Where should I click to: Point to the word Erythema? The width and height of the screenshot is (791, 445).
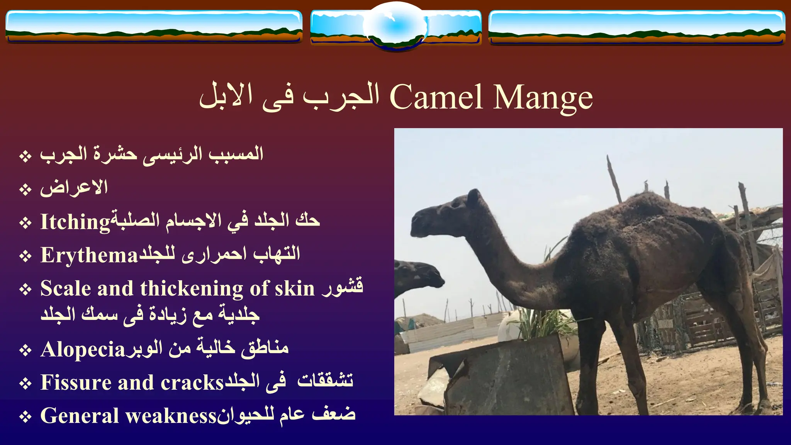coord(89,255)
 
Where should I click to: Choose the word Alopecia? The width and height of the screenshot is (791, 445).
coord(83,350)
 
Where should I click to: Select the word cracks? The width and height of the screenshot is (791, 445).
coord(192,382)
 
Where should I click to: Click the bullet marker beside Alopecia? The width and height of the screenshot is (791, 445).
coord(25,350)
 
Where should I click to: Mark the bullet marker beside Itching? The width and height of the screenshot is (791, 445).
coord(25,223)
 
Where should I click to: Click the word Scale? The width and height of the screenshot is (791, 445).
coord(65,289)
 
